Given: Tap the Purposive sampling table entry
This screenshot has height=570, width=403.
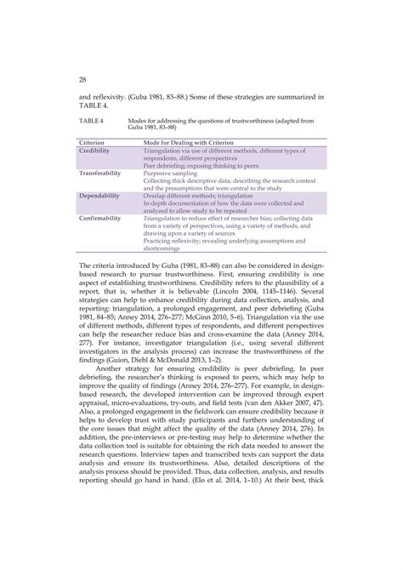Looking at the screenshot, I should click(170, 173).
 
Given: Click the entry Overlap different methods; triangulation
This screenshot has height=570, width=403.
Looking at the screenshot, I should click(201, 196).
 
